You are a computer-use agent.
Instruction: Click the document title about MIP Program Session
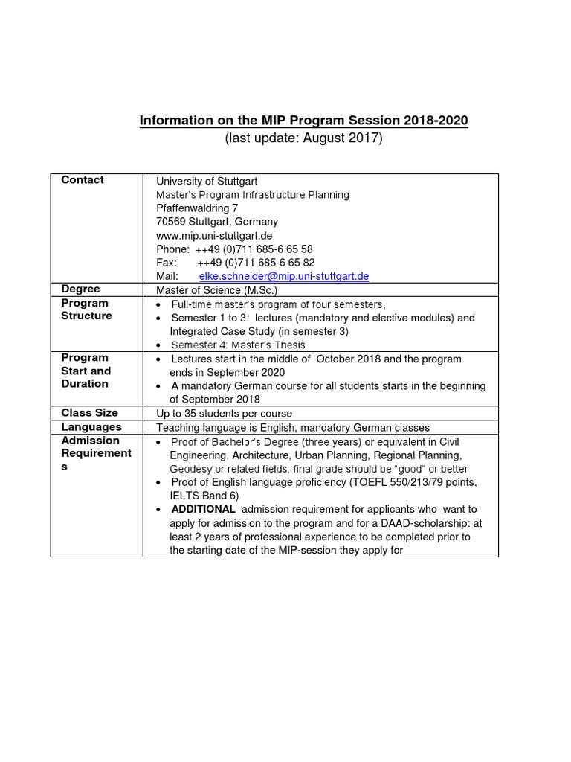coord(303,121)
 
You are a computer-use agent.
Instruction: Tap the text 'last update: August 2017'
coord(303,138)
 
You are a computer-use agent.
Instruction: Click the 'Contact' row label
coord(83,180)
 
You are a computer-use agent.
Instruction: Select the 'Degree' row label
coord(80,289)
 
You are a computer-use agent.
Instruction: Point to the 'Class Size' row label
coord(89,413)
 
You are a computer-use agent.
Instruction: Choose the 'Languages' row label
coord(91,427)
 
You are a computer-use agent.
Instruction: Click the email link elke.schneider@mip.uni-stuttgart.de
coord(284,276)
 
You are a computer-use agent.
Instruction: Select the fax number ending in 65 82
coord(256,263)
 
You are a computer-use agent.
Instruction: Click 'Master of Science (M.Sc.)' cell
coord(216,290)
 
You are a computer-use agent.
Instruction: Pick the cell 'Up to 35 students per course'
coord(224,414)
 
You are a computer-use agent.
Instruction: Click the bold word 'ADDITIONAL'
coord(203,510)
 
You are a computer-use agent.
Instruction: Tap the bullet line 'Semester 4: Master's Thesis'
coord(238,345)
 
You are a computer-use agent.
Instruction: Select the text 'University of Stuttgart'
coord(207,181)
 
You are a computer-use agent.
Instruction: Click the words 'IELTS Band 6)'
coord(204,496)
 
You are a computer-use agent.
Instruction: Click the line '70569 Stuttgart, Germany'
coord(217,222)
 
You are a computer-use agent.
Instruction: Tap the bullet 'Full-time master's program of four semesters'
coord(278,305)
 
